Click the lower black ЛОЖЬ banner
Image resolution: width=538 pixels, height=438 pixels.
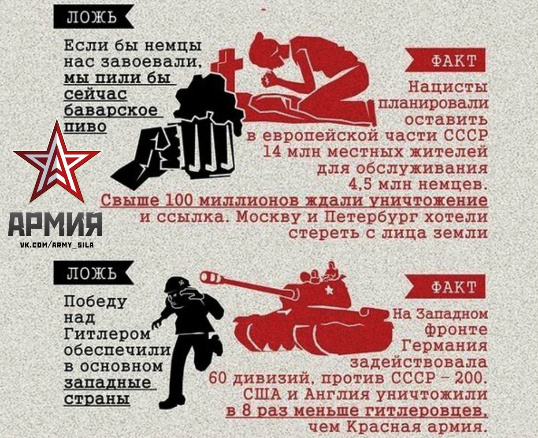[x=93, y=273]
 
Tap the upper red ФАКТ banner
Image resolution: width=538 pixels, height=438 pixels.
[x=445, y=60]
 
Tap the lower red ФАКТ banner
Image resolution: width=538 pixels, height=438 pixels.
[x=445, y=286]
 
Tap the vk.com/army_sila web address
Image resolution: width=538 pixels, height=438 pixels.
[x=57, y=245]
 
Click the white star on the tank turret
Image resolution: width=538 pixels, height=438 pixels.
[x=329, y=290]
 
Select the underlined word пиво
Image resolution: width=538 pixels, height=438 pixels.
[x=85, y=126]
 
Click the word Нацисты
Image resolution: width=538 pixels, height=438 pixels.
[x=448, y=87]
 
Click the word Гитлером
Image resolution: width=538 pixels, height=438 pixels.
[x=108, y=334]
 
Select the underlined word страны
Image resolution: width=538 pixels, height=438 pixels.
[x=97, y=400]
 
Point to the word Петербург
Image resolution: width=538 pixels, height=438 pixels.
[x=371, y=217]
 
